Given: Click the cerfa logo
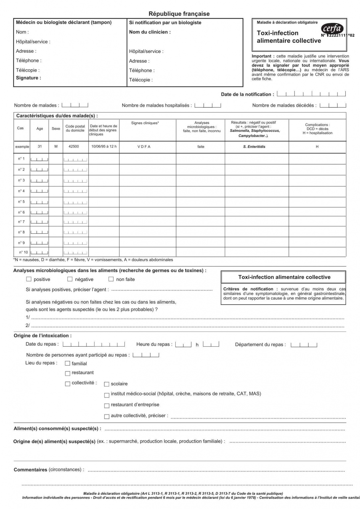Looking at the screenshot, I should coord(332,29).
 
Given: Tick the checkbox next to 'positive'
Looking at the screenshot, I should coord(29,279).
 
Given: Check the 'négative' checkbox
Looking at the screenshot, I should coord(70,279).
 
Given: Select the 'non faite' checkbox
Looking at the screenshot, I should coord(111,279).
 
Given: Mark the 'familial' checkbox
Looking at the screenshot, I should coord(68,364).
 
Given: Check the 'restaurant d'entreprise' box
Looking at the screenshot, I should coord(107,405).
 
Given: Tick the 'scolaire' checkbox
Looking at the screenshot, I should coord(107,384).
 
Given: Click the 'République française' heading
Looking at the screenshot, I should coord(179,14).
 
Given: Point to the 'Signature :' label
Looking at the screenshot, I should coord(29,78).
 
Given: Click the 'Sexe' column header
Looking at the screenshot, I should coord(56,129).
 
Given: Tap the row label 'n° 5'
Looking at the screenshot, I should coord(21,201).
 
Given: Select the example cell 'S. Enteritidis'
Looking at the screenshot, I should coord(254,146).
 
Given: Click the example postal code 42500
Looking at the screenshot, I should coord(74,146).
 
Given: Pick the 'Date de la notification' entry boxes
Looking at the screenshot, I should coord(311,94).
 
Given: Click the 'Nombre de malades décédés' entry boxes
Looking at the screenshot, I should coord(332,105).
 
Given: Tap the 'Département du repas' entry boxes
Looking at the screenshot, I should coord(304,345).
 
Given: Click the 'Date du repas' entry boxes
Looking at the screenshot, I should coord(94,344).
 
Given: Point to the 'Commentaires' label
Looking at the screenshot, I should coord(30,470).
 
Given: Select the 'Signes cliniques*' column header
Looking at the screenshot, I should coord(145,123).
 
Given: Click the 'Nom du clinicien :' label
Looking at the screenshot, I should coord(150,32).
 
